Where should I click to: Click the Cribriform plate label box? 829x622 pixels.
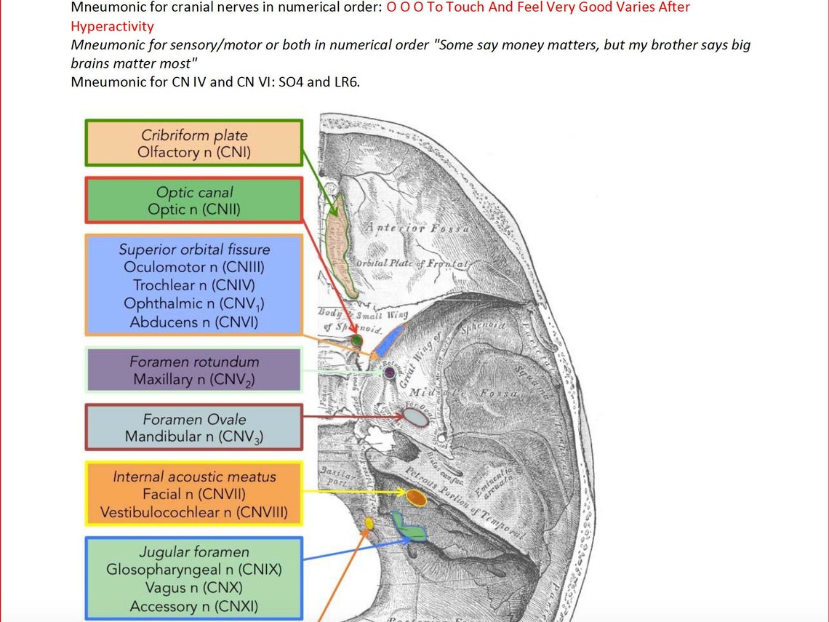tap(193, 143)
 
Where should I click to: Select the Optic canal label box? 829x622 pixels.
tap(193, 200)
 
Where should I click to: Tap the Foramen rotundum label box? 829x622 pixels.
tap(193, 370)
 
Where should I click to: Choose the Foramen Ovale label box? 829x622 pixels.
tap(193, 428)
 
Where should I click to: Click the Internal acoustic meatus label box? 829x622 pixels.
tap(193, 495)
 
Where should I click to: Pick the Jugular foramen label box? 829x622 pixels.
tap(193, 578)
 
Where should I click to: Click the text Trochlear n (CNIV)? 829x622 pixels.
tap(193, 285)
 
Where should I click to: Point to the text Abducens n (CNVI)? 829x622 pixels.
tap(193, 322)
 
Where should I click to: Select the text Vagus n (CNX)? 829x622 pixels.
tap(193, 588)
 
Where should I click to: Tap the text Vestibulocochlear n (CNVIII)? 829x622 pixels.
tap(193, 513)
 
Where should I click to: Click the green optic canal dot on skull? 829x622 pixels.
tap(356, 340)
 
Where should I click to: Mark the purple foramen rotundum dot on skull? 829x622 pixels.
tap(390, 372)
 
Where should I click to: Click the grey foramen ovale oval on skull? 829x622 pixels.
tap(415, 417)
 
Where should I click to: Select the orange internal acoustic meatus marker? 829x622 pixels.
tap(415, 498)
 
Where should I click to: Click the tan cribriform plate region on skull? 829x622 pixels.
tap(342, 244)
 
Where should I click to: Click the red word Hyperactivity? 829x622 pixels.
tap(112, 26)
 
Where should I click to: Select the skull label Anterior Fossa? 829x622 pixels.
tap(417, 228)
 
